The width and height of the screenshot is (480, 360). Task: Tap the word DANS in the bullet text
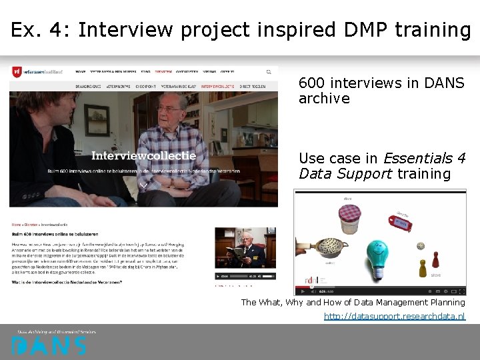point(445,83)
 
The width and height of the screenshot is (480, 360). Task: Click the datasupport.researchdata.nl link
point(394,316)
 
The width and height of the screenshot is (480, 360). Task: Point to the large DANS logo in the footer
point(49,345)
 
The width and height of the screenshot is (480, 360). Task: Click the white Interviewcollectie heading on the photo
point(143,156)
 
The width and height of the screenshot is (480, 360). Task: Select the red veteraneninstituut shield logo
point(17,71)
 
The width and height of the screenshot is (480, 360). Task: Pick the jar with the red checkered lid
point(349,217)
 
